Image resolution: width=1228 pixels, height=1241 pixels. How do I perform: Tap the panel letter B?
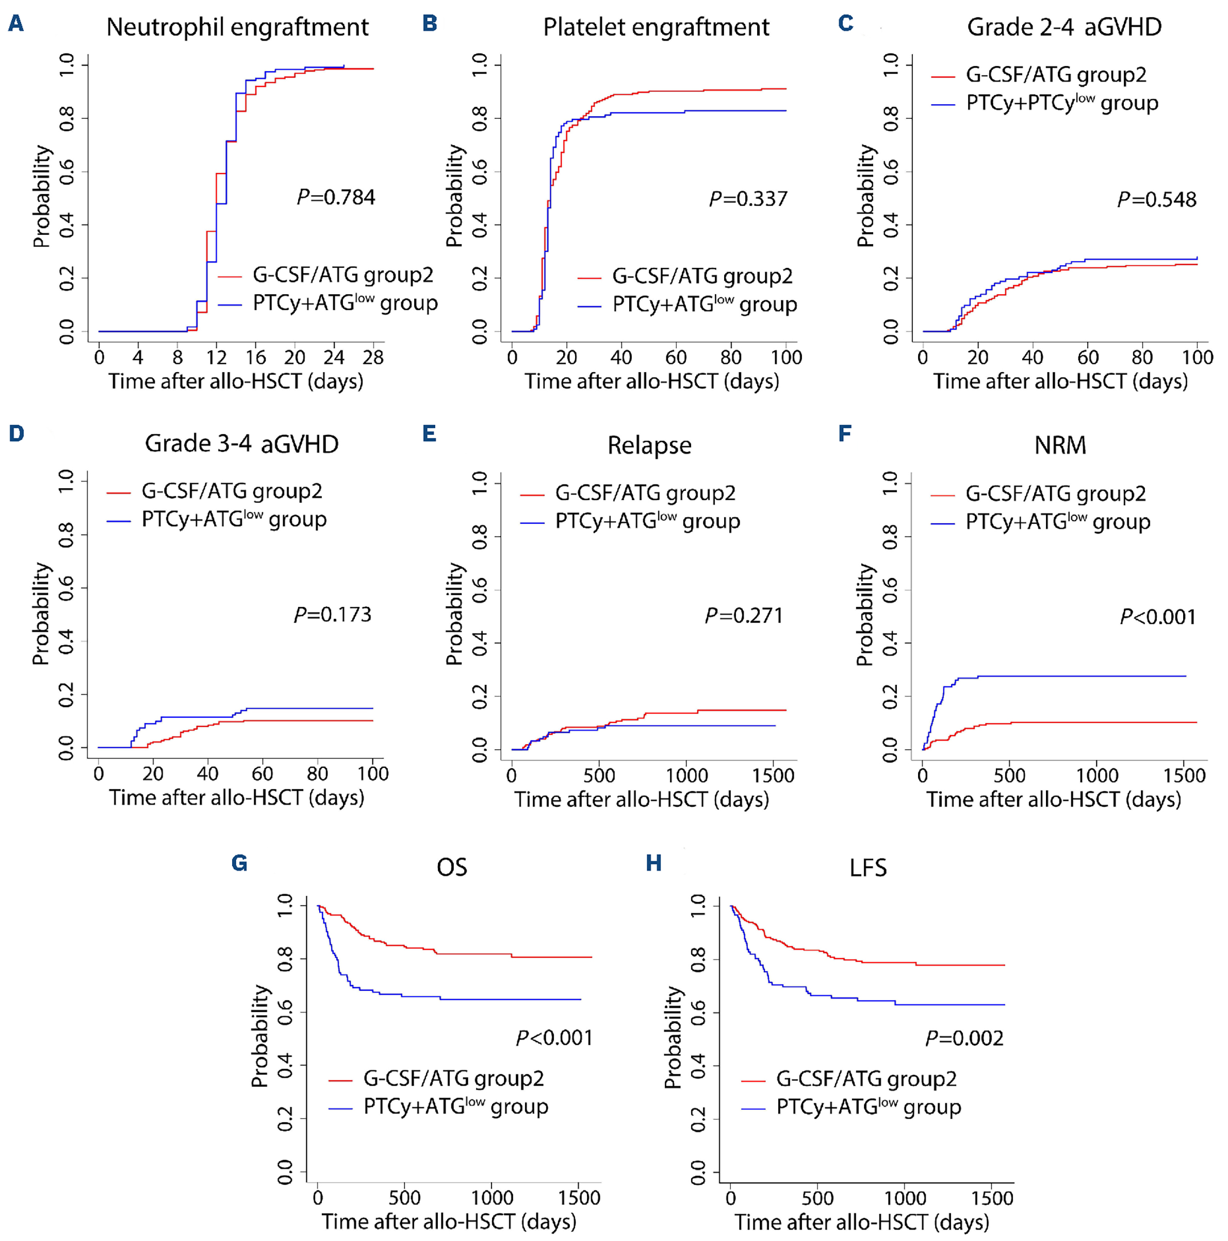(430, 24)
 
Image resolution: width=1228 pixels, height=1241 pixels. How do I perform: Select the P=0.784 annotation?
(336, 197)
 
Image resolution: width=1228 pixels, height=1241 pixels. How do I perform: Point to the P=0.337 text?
(748, 199)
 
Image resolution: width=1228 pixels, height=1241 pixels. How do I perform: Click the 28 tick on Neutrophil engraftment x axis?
(373, 357)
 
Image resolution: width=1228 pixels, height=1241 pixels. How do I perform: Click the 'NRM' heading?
(1060, 445)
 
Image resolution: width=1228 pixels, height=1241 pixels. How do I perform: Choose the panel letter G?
(239, 863)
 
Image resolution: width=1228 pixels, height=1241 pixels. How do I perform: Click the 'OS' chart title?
(451, 868)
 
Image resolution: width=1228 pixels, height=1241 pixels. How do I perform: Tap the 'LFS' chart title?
(867, 868)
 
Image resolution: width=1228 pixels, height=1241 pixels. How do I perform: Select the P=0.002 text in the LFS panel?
(963, 1038)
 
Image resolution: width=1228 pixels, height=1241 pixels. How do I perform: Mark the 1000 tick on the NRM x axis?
(1096, 776)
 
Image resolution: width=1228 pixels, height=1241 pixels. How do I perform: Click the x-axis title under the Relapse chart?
(641, 799)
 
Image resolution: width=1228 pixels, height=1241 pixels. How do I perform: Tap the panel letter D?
(16, 433)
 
